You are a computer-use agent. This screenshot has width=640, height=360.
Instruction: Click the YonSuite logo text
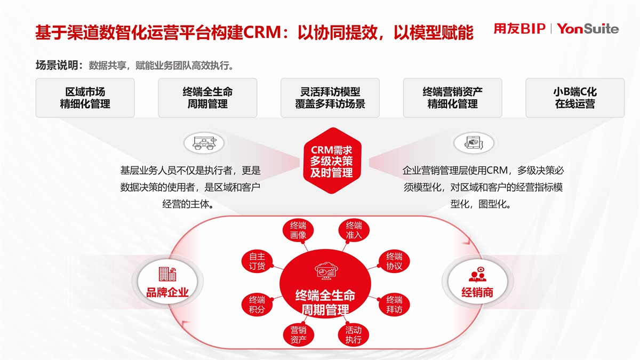click(x=588, y=29)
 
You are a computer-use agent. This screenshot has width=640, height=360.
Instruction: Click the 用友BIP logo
click(x=519, y=29)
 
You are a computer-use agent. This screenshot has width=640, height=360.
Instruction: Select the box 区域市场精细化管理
click(x=85, y=98)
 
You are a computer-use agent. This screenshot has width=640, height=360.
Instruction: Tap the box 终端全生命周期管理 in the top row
click(x=207, y=98)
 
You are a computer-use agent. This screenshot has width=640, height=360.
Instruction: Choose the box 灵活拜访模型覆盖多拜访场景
click(x=330, y=98)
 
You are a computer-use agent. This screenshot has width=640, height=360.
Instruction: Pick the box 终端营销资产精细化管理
click(x=452, y=98)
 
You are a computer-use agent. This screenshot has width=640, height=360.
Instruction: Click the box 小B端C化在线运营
click(x=575, y=98)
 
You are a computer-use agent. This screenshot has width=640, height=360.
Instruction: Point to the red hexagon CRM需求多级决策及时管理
click(x=331, y=161)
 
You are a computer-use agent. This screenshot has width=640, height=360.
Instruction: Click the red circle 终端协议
click(x=394, y=261)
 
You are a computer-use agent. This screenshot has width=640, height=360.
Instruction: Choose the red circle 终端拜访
click(x=394, y=304)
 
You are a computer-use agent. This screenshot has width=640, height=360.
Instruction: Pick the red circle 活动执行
click(x=353, y=334)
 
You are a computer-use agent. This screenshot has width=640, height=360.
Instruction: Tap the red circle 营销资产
click(x=298, y=334)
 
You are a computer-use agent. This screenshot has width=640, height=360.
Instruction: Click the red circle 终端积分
click(x=257, y=304)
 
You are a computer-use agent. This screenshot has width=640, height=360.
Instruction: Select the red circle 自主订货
click(x=257, y=261)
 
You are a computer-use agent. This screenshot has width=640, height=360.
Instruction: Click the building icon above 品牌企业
click(x=167, y=274)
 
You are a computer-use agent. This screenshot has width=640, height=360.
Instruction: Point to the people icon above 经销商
click(x=477, y=274)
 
